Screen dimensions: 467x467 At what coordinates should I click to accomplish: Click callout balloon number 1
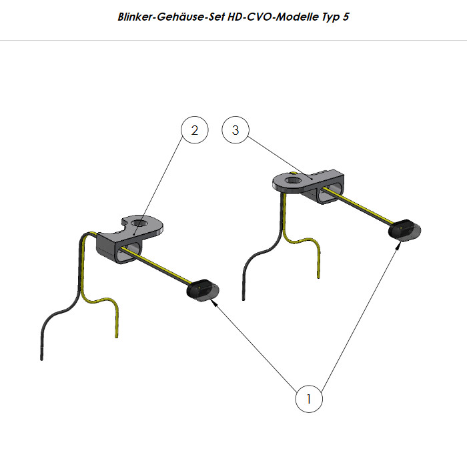(x=309, y=399)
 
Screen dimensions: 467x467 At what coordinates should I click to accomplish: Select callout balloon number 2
(x=195, y=130)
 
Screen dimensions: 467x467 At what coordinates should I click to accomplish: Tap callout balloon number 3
(x=236, y=130)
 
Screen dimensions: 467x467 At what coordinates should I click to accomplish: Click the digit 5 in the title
(x=346, y=17)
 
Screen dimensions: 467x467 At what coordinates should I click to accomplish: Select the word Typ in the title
(x=330, y=17)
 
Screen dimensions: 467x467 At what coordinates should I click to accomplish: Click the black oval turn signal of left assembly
(x=203, y=289)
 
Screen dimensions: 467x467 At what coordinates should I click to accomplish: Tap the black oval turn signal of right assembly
(x=404, y=229)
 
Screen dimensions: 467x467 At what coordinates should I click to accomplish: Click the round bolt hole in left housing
(x=139, y=223)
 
